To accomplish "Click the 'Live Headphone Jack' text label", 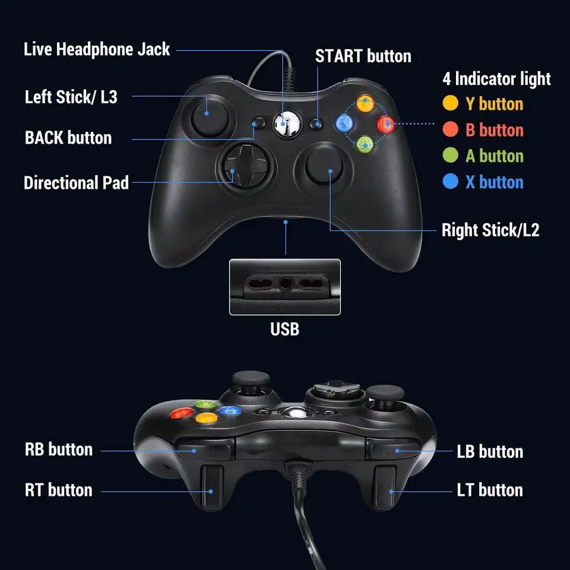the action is click(x=97, y=49).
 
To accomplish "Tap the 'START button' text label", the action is click(x=363, y=56).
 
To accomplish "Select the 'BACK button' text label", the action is click(x=68, y=138).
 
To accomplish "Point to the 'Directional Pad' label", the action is click(x=76, y=182).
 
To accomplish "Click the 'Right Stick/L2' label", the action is click(x=490, y=230).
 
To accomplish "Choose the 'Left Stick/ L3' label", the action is click(x=71, y=97).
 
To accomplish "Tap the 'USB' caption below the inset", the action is click(x=285, y=328).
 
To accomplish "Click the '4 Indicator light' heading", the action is click(x=496, y=78).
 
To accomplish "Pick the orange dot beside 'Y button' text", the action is click(x=451, y=103).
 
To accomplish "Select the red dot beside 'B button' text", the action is click(x=451, y=129).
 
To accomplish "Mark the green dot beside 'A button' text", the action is click(x=451, y=156).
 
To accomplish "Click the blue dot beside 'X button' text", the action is click(x=451, y=182).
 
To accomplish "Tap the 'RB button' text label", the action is click(x=59, y=449).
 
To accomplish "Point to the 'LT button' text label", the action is click(x=490, y=490).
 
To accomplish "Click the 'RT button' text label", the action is click(x=59, y=490).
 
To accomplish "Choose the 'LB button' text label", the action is click(x=490, y=451).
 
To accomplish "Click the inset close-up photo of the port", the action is click(x=285, y=287).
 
